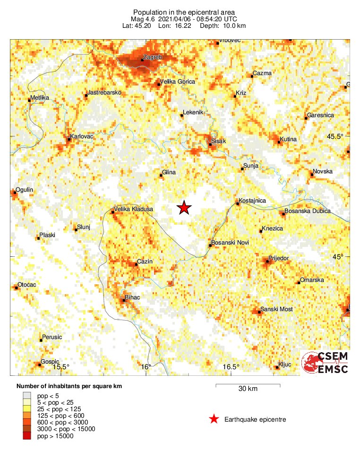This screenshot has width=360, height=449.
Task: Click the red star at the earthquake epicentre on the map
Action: [x=184, y=208]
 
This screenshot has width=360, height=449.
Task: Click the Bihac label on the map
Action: [x=133, y=297]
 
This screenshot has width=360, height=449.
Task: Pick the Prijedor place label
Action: [x=278, y=258]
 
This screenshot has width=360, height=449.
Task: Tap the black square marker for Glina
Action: [x=161, y=176]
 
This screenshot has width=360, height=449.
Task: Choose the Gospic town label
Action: [x=50, y=361]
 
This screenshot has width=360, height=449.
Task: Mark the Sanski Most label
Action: [x=276, y=309]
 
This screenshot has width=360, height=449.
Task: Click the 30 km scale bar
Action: [x=248, y=386]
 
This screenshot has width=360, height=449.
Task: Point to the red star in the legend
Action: [x=214, y=419]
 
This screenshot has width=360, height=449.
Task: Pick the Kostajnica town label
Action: [x=252, y=201]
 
